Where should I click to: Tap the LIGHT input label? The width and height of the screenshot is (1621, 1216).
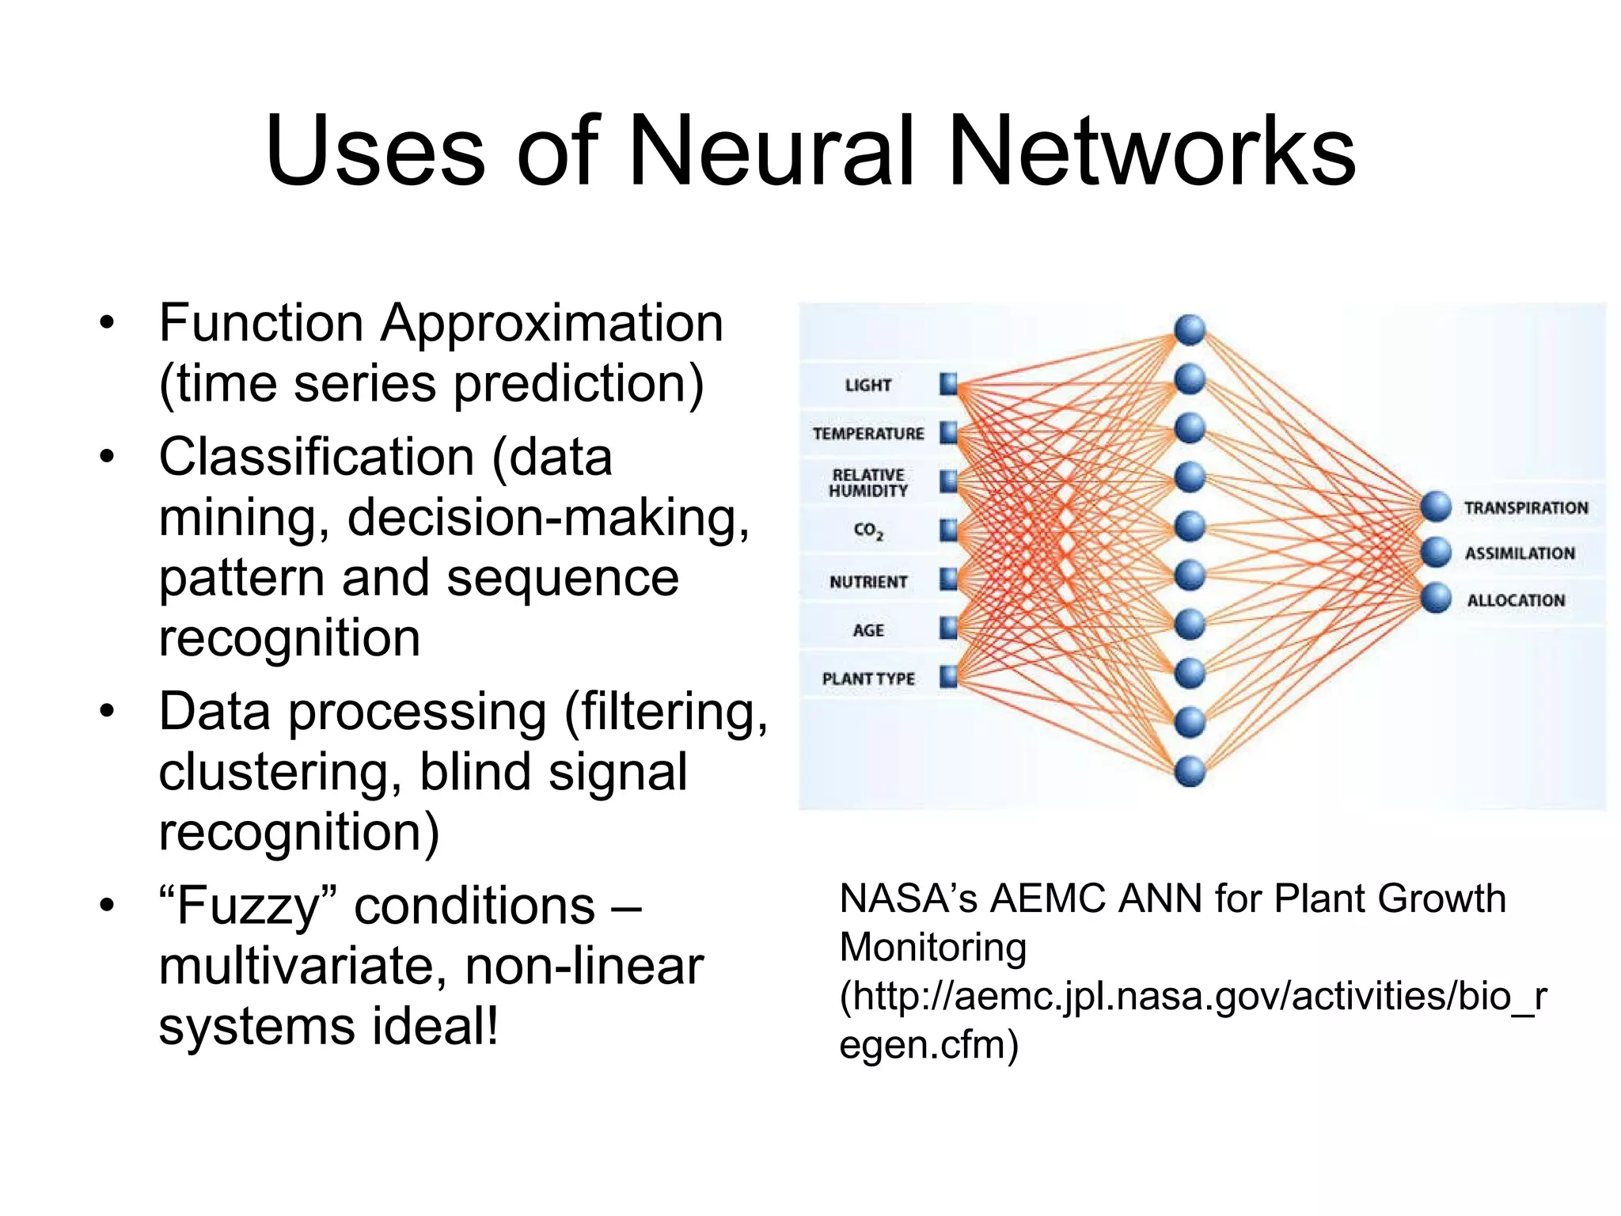point(868,386)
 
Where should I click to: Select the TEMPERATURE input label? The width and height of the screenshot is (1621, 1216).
point(868,434)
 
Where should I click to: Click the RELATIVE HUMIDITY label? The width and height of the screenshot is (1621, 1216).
point(868,483)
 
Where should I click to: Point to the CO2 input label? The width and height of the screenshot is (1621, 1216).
point(868,530)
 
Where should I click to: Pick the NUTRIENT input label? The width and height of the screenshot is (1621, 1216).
point(868,582)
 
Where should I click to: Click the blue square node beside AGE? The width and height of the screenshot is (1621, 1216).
point(948,629)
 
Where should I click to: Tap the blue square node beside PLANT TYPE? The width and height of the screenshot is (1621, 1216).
point(948,677)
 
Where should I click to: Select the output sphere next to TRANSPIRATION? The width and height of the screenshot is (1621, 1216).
point(1435,507)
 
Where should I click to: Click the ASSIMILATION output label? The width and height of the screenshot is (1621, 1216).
point(1520,553)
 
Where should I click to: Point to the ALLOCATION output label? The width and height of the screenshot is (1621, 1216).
point(1516,600)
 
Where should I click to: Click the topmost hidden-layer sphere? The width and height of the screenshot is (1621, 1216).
point(1190,330)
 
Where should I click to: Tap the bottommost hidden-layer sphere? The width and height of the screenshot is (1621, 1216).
point(1190,771)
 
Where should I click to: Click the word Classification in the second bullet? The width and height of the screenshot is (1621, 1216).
point(317,458)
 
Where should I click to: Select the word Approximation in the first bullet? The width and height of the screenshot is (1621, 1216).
point(552,324)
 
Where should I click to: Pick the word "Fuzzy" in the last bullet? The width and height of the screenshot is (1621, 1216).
point(248,906)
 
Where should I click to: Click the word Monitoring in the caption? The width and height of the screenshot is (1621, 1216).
point(932,948)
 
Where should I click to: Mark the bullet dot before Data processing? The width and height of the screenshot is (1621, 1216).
point(108,712)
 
